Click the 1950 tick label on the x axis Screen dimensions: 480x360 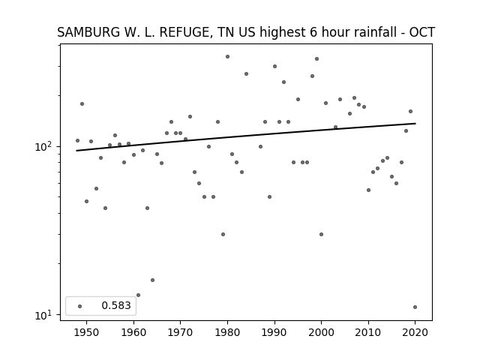87,332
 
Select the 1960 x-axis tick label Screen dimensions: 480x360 133,332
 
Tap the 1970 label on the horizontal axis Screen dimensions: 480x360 180,332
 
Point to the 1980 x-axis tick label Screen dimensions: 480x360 227,332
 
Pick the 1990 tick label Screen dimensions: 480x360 274,332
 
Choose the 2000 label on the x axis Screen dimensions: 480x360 321,332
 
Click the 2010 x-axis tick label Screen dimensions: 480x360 368,332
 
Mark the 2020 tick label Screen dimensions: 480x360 415,332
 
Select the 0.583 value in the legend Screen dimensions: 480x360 116,305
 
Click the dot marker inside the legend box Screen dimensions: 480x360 80,306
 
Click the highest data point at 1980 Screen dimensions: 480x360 227,57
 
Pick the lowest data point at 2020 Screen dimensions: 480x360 415,307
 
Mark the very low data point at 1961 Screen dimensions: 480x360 138,295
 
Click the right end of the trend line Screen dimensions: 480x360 415,123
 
